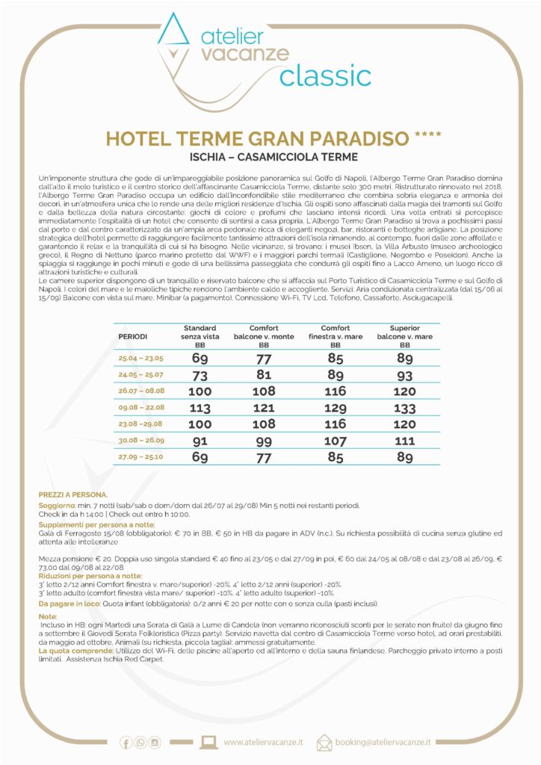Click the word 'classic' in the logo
324,75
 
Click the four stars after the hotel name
427,137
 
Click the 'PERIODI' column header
133,337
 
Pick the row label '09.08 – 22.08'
142,409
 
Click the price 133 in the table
404,409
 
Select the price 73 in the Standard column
200,374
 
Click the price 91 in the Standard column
200,442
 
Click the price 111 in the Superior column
404,442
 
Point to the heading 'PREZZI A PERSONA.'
73,495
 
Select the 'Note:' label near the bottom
47,616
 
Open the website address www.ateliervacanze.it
263,742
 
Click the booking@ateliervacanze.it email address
383,742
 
